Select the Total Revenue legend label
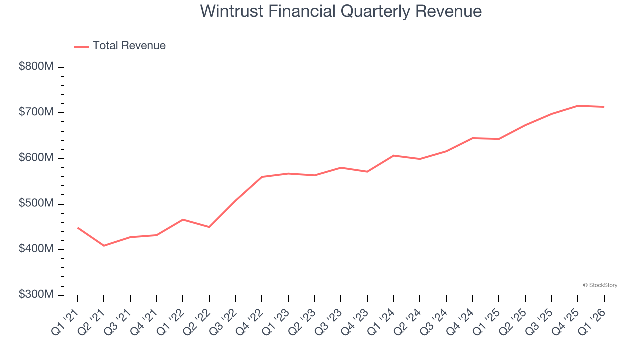click(129, 46)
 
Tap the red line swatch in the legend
click(81, 46)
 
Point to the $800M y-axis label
click(36, 67)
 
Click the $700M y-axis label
click(36, 112)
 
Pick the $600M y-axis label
click(36, 158)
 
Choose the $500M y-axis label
click(36, 204)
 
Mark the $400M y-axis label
click(36, 249)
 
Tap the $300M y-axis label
click(36, 295)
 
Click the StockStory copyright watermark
click(600, 285)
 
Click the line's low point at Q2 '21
click(104, 246)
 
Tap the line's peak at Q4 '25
click(578, 106)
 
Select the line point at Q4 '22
click(262, 177)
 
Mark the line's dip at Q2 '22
click(209, 227)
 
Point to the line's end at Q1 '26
click(604, 107)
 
